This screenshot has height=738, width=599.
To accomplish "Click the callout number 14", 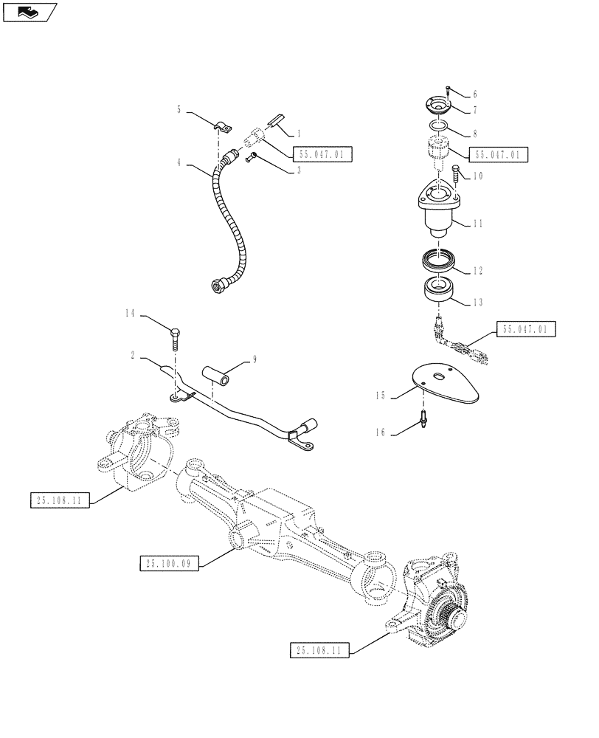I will [129, 314].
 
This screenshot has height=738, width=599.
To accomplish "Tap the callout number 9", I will [255, 360].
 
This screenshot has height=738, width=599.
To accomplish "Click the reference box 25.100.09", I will [165, 565].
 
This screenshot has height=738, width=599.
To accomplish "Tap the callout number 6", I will [475, 94].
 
